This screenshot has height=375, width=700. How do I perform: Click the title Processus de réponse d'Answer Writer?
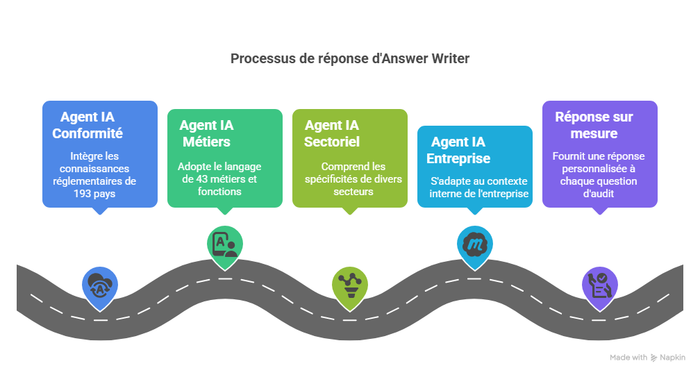[349, 59]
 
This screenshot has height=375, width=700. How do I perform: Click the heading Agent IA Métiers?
[207, 134]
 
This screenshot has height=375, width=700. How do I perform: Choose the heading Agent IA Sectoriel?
[332, 134]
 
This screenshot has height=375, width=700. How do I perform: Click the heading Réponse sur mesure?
[594, 125]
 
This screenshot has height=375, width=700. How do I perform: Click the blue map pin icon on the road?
[99, 286]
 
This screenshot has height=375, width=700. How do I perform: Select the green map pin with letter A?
[224, 244]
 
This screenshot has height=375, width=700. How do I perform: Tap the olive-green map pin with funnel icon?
[349, 286]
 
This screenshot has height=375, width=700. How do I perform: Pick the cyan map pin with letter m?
[474, 244]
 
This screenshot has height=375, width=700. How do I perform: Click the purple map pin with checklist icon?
[599, 286]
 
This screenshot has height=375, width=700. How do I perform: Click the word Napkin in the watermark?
[672, 357]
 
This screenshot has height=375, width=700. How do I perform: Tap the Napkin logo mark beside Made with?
[653, 357]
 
